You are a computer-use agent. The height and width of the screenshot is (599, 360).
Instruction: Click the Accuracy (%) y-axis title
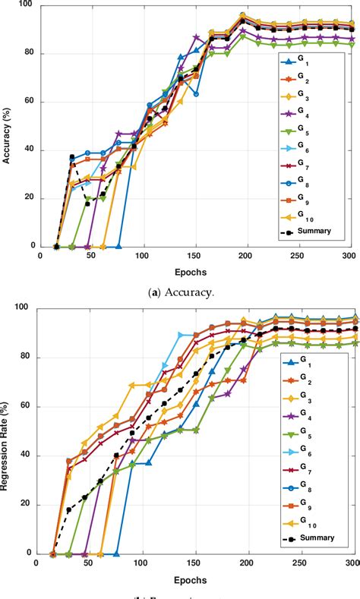point(8,125)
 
